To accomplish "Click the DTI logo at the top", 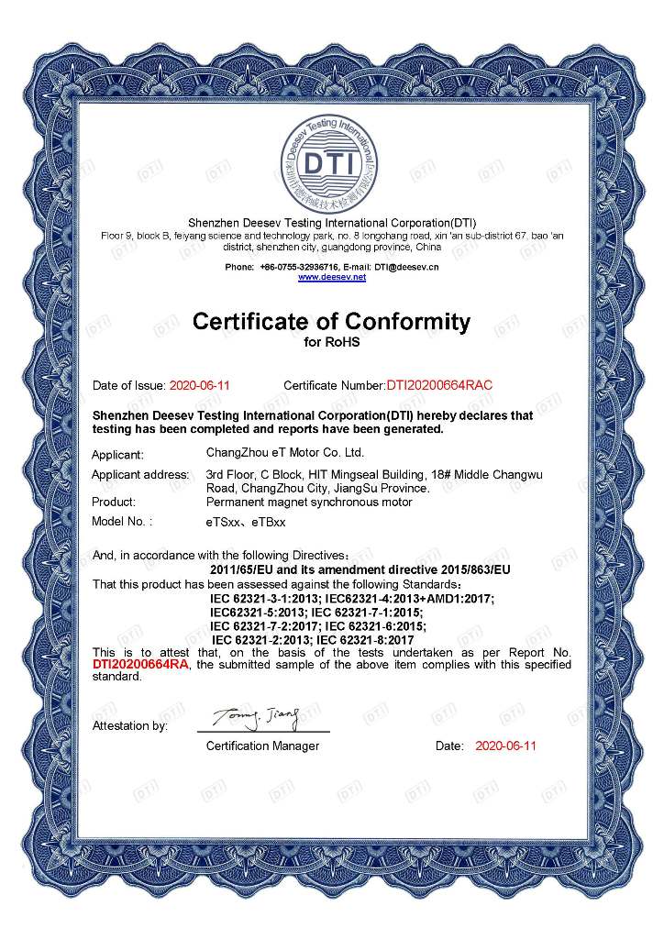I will pyautogui.click(x=331, y=165).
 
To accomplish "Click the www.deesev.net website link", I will pyautogui.click(x=331, y=276).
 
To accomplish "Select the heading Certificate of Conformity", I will pyautogui.click(x=331, y=322).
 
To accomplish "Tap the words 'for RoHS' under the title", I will pyautogui.click(x=331, y=343).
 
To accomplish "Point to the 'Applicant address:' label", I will pyautogui.click(x=140, y=474).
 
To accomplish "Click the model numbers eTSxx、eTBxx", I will pyautogui.click(x=246, y=522).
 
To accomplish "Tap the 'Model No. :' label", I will pyautogui.click(x=122, y=522).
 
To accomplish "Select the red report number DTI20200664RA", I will pyautogui.click(x=140, y=665).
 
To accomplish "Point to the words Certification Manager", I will pyautogui.click(x=262, y=746).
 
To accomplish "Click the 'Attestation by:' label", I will pyautogui.click(x=129, y=725).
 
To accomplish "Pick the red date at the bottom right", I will pyautogui.click(x=505, y=746).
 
